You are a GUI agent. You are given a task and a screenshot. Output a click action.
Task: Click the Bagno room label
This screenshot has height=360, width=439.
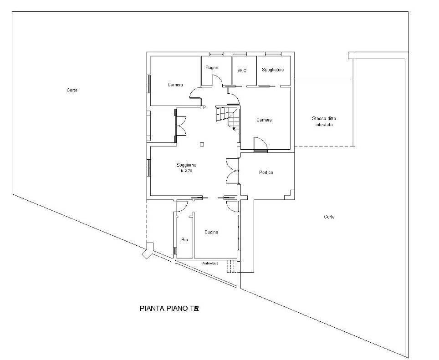pos(211,68)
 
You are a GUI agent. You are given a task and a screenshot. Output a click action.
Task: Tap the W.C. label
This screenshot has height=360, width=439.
pos(242,71)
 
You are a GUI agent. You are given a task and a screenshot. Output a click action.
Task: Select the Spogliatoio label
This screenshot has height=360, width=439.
pos(273,70)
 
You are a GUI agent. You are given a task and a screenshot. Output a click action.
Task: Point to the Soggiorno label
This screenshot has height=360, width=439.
pos(186,165)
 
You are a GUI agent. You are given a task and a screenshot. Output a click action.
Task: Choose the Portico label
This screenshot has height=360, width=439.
pos(266,172)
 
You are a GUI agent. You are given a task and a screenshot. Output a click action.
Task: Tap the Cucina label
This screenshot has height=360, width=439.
pos(211,232)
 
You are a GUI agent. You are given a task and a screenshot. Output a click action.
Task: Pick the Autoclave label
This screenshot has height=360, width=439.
pos(210,263)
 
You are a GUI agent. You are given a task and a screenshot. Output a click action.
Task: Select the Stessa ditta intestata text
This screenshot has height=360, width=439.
pos(324,121)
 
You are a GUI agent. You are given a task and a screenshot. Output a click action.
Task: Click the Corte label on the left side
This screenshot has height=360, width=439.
pos(72,90)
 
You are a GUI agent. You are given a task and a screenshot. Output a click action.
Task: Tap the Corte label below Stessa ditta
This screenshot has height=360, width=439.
pos(329,217)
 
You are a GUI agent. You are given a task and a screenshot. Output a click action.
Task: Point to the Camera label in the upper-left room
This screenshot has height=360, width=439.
pos(175,85)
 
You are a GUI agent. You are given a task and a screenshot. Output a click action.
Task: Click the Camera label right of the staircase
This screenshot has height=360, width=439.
pos(264,120)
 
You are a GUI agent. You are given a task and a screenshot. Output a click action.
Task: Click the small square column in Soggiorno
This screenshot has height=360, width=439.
pos(202,145)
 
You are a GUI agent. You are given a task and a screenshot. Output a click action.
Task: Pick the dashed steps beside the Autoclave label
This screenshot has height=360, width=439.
pos(231,267)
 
